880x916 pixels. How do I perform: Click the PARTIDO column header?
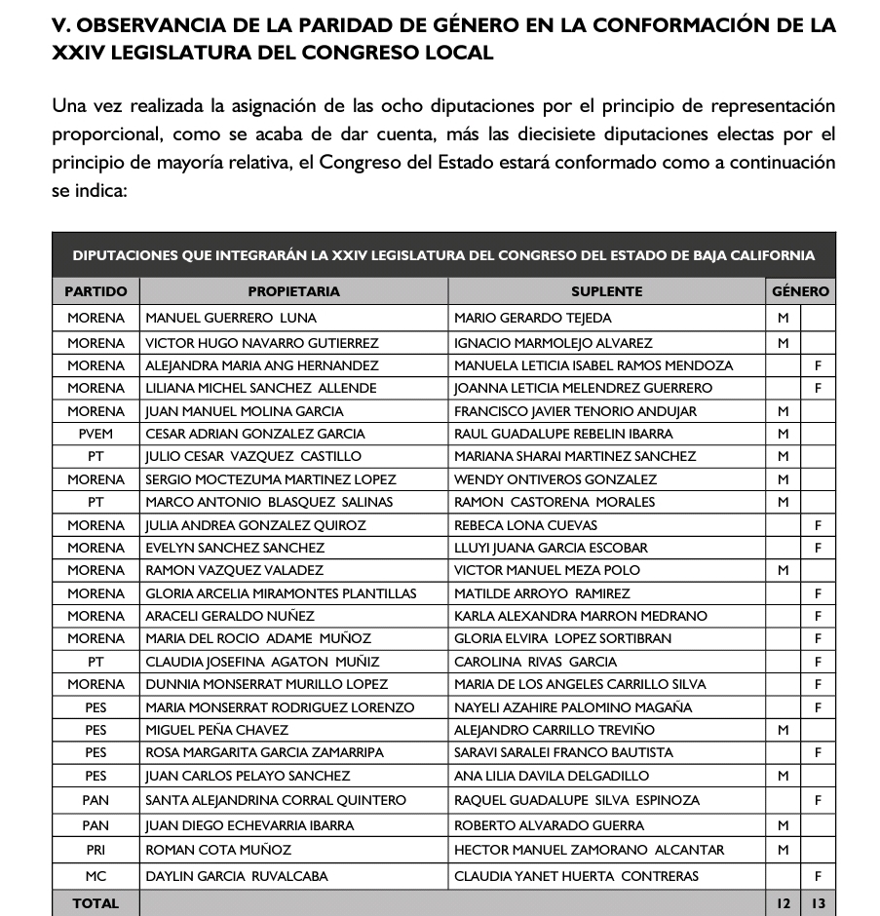pyautogui.click(x=96, y=291)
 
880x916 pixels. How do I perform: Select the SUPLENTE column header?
pyautogui.click(x=606, y=291)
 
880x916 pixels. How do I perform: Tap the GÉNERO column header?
pyautogui.click(x=800, y=291)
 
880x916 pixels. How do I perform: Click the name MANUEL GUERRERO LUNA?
pyautogui.click(x=231, y=318)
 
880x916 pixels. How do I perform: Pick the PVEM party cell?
pyautogui.click(x=96, y=434)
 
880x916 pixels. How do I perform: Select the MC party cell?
pyautogui.click(x=96, y=876)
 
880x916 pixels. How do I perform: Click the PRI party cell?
pyautogui.click(x=96, y=850)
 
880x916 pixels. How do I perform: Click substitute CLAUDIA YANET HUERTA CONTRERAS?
pyautogui.click(x=576, y=876)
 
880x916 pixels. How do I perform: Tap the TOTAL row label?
pyautogui.click(x=96, y=903)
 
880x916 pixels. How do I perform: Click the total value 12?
pyautogui.click(x=783, y=903)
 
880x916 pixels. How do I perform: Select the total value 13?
pyautogui.click(x=818, y=903)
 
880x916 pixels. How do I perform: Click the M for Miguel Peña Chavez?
pyautogui.click(x=783, y=730)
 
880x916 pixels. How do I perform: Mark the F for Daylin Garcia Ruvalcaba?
pyautogui.click(x=818, y=876)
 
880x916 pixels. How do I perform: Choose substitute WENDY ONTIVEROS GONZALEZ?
pyautogui.click(x=555, y=479)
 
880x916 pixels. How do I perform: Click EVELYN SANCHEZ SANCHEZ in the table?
pyautogui.click(x=235, y=548)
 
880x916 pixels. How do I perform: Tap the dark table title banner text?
pyautogui.click(x=443, y=256)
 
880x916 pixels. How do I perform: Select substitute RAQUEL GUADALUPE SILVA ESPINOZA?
pyautogui.click(x=576, y=800)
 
